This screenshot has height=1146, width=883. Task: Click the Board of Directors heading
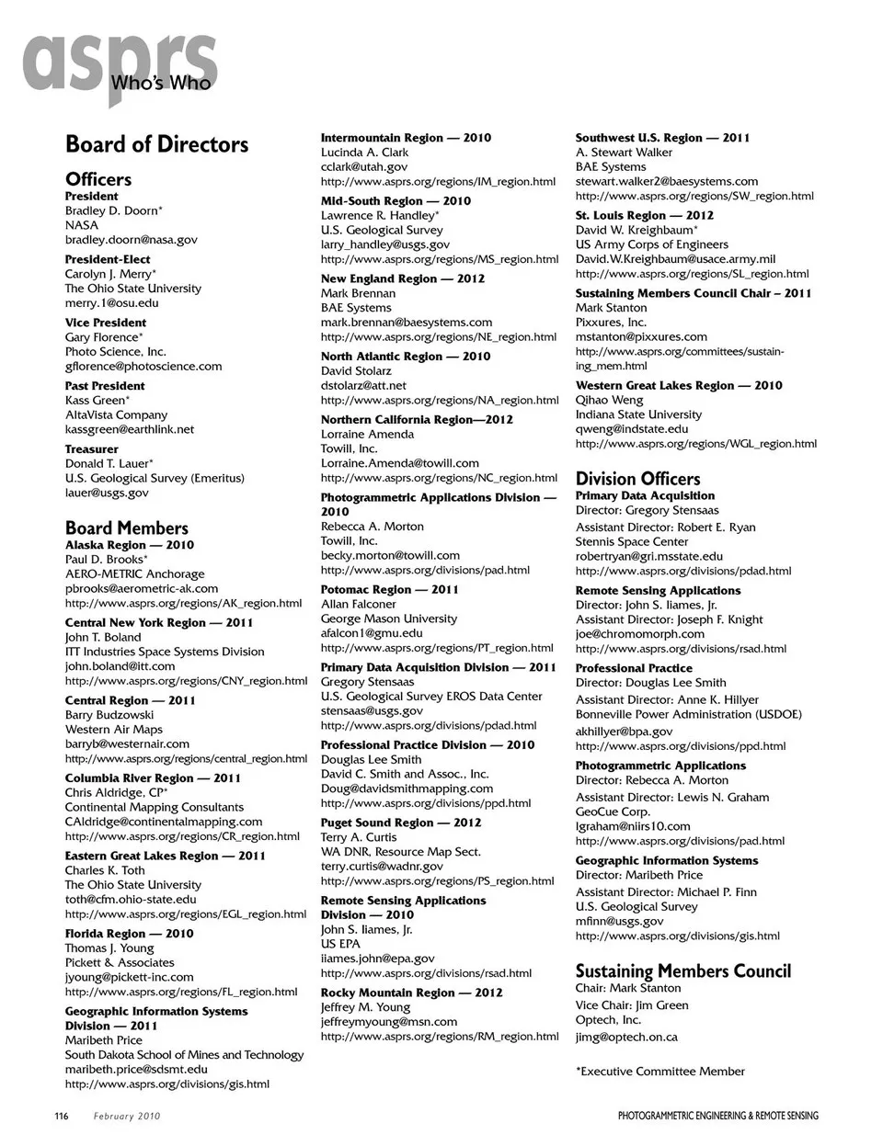(x=156, y=144)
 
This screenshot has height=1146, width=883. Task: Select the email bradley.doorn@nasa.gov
(x=131, y=240)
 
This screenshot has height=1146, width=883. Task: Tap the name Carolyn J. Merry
(x=109, y=274)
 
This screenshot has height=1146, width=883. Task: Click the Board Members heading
(x=126, y=528)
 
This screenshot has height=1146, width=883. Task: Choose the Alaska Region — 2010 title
(x=129, y=545)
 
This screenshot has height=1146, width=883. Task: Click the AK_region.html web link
(x=183, y=604)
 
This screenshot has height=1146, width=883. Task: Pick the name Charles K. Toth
(x=105, y=870)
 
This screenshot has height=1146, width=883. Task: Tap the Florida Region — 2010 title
(x=129, y=934)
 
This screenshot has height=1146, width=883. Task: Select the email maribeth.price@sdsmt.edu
(x=136, y=1070)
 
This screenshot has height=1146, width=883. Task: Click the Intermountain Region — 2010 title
(x=406, y=138)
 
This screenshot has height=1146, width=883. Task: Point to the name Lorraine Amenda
(x=367, y=435)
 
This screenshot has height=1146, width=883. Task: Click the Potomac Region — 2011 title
(x=389, y=590)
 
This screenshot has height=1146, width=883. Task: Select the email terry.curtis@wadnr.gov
(x=382, y=867)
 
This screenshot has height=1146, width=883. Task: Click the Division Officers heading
(x=637, y=479)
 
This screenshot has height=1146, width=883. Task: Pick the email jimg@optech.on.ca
(x=626, y=1038)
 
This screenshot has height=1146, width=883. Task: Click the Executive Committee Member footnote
(x=660, y=1072)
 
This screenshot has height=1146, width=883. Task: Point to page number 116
(x=61, y=1117)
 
